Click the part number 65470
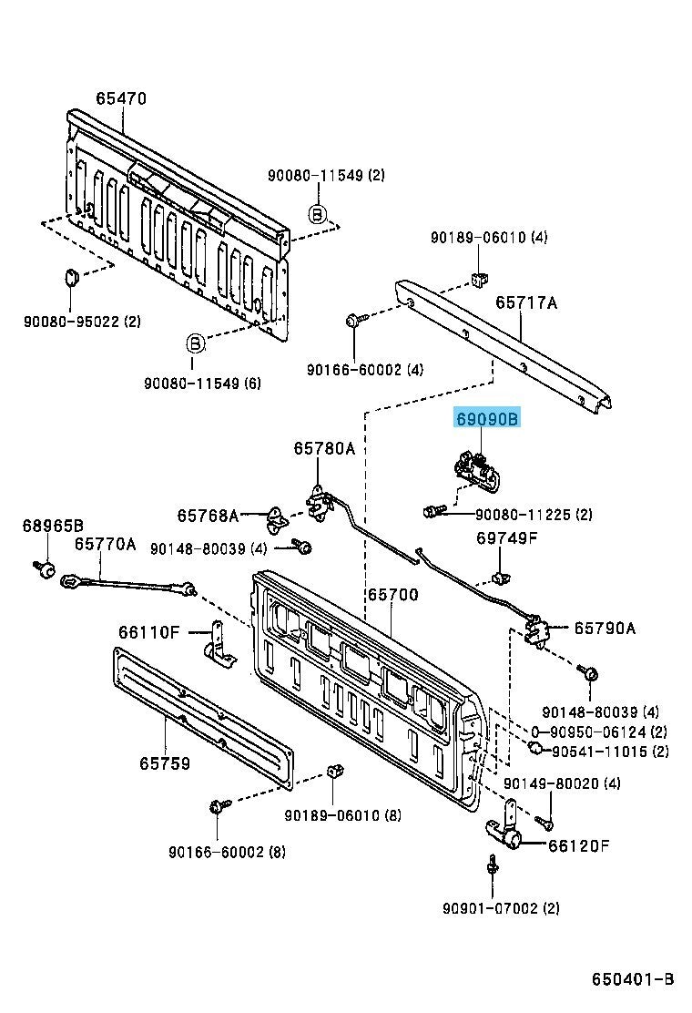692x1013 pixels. coord(121,98)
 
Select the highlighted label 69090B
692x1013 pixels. coord(487,419)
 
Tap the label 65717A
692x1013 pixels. coord(526,302)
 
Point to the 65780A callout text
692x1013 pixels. coord(324,448)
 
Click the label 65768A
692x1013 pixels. coord(208,516)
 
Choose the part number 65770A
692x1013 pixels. coord(105,544)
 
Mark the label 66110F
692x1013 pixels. coord(149,631)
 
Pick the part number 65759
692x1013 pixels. coord(165,763)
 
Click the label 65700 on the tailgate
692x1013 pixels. coord(392,595)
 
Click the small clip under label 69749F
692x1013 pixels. coord(498,576)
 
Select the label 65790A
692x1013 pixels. coord(604,628)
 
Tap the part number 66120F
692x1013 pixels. coord(578,845)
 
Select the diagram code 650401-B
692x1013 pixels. coord(632,979)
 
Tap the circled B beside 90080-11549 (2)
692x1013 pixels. coord(317,215)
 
